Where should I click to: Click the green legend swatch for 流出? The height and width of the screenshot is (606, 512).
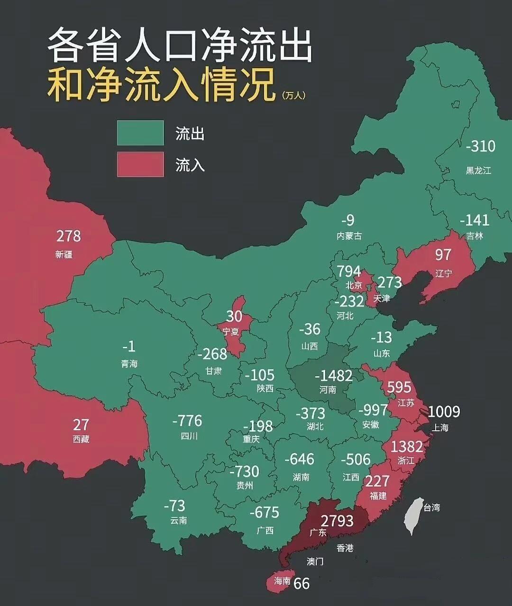pyautogui.click(x=140, y=133)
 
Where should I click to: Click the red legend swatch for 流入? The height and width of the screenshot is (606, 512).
pyautogui.click(x=140, y=164)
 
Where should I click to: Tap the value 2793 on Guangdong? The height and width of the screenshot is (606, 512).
pyautogui.click(x=337, y=521)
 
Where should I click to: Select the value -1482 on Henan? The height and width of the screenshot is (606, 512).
pyautogui.click(x=334, y=376)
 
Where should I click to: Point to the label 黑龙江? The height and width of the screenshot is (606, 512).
pyautogui.click(x=478, y=171)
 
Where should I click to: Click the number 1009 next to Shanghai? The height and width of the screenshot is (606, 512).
pyautogui.click(x=444, y=411)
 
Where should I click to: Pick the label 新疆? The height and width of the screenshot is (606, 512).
pyautogui.click(x=64, y=254)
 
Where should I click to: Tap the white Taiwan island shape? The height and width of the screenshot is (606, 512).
pyautogui.click(x=414, y=516)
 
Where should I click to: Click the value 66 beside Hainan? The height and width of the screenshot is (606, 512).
pyautogui.click(x=302, y=583)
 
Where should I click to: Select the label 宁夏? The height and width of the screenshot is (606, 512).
pyautogui.click(x=231, y=332)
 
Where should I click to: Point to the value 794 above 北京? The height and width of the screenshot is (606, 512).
pyautogui.click(x=348, y=271)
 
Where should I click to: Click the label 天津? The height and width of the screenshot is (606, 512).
pyautogui.click(x=382, y=298)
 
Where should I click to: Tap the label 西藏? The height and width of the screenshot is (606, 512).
pyautogui.click(x=81, y=439)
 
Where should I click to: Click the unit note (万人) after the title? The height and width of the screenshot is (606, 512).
pyautogui.click(x=293, y=95)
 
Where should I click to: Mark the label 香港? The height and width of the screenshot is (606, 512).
pyautogui.click(x=345, y=548)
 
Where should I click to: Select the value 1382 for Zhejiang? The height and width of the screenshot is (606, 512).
pyautogui.click(x=406, y=446)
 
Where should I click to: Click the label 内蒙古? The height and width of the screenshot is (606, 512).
pyautogui.click(x=349, y=236)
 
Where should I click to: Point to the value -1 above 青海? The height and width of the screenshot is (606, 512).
pyautogui.click(x=128, y=347)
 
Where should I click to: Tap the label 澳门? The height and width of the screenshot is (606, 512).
pyautogui.click(x=315, y=561)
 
